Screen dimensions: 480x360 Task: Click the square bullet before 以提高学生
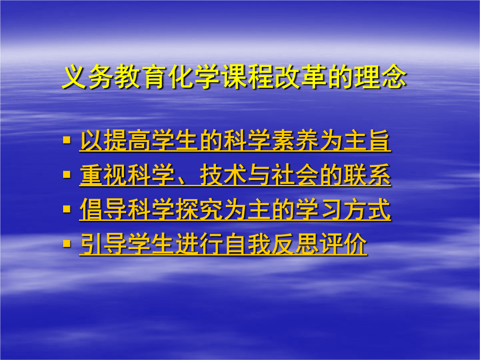point(67,140)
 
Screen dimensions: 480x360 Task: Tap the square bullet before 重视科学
point(67,175)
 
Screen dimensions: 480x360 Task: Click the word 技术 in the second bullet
point(223,175)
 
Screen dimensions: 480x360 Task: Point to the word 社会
point(295,175)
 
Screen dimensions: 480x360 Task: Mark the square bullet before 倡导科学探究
point(67,209)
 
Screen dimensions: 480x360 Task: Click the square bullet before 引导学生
point(67,244)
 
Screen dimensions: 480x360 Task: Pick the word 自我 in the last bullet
point(247,244)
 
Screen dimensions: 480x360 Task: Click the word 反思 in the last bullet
point(295,244)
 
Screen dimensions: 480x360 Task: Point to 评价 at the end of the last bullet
point(343,244)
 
